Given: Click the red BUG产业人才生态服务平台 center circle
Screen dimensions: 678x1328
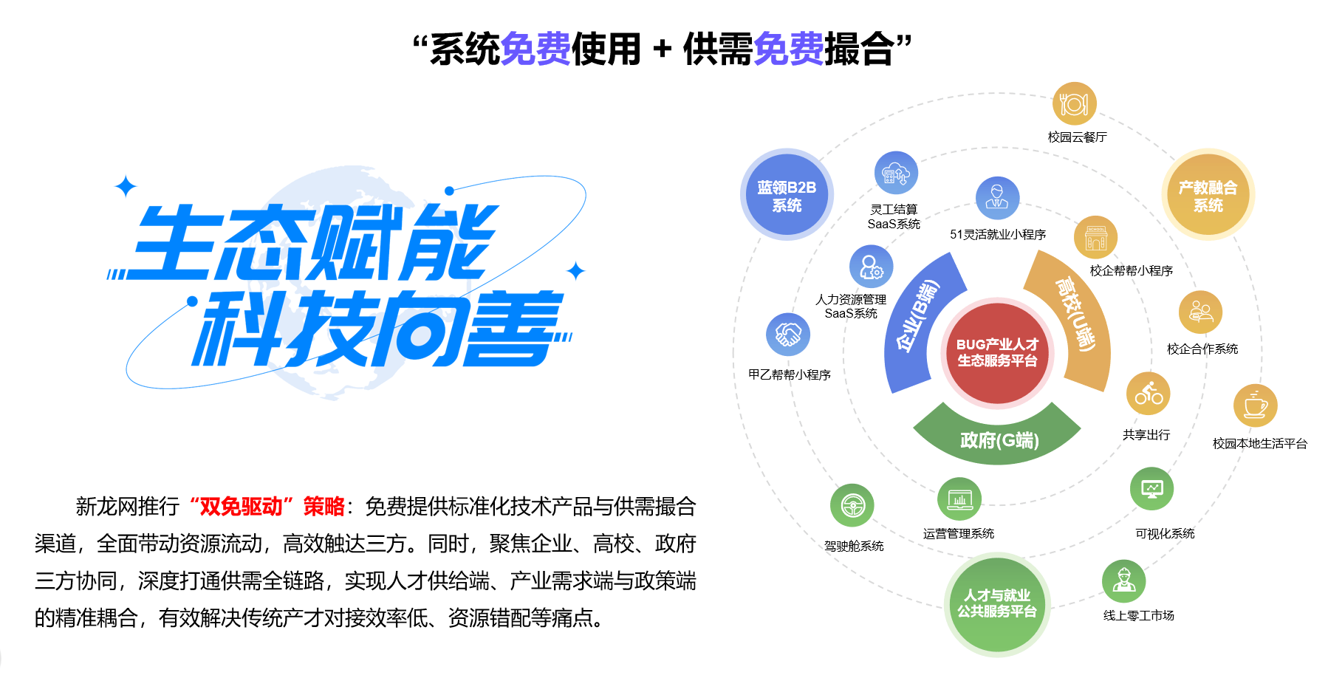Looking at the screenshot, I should pyautogui.click(x=997, y=353).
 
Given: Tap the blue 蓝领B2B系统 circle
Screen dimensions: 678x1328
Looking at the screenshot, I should pyautogui.click(x=787, y=195).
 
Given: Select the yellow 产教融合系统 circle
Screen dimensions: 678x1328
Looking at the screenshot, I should pyautogui.click(x=1208, y=195).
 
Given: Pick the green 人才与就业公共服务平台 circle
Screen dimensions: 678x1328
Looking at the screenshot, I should pyautogui.click(x=997, y=604).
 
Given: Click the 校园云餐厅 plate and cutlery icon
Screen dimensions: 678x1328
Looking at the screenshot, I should pyautogui.click(x=1074, y=104).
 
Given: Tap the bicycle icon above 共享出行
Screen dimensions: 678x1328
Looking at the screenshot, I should pyautogui.click(x=1148, y=394).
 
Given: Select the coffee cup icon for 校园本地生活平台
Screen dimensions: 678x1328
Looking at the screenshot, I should pyautogui.click(x=1255, y=405).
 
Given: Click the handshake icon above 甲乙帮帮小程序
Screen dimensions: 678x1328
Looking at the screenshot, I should pyautogui.click(x=788, y=335).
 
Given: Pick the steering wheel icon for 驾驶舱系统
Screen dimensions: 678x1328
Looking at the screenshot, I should pyautogui.click(x=852, y=506).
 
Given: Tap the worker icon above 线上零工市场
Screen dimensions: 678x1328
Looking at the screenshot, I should pyautogui.click(x=1123, y=581).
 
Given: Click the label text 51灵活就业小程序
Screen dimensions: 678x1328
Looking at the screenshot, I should pyautogui.click(x=997, y=234).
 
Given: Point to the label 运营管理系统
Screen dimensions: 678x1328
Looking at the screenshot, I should pyautogui.click(x=958, y=533).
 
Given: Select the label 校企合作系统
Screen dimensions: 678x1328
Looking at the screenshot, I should pyautogui.click(x=1202, y=349).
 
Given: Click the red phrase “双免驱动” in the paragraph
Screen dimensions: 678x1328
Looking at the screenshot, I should pyautogui.click(x=242, y=507).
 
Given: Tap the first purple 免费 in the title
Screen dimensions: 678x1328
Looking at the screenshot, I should pyautogui.click(x=535, y=49).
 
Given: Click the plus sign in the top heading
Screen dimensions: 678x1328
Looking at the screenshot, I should pyautogui.click(x=662, y=49).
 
